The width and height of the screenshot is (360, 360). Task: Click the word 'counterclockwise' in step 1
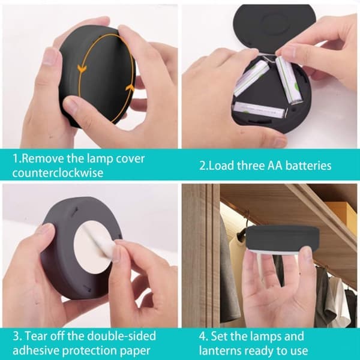[58, 173]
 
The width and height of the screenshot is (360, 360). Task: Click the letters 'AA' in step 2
[275, 166]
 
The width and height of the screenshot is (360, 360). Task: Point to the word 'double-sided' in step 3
[122, 336]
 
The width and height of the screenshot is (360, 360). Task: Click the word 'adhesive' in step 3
[36, 350]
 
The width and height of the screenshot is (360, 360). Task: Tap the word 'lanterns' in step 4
[220, 350]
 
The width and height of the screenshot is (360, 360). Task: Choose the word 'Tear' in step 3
[36, 336]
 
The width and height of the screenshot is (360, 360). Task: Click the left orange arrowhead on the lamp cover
[82, 68]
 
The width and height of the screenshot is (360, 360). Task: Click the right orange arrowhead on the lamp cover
[130, 88]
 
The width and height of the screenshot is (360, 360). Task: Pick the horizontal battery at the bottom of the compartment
[259, 110]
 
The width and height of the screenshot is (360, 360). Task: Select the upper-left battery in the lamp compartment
[251, 77]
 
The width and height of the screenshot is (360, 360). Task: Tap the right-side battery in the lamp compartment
[288, 80]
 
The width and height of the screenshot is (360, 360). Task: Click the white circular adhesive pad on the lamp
[93, 247]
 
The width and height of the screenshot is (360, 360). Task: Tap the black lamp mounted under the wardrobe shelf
[283, 239]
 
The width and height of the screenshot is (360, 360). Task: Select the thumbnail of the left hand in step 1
[50, 57]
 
